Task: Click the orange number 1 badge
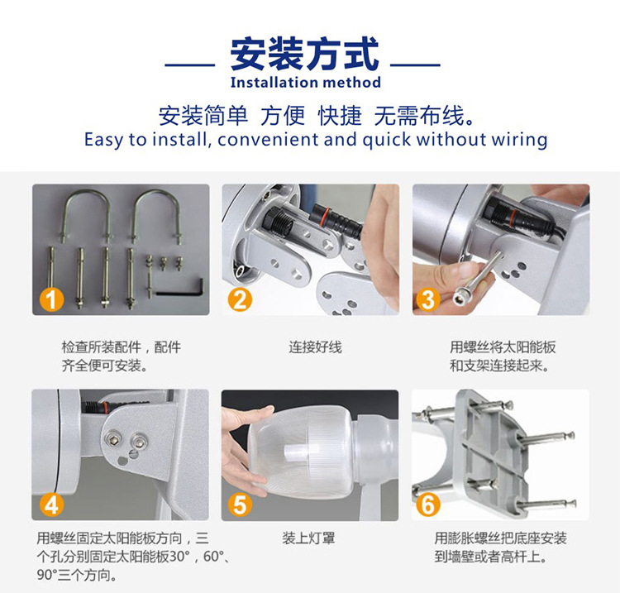pos(52,299)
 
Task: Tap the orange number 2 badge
pos(240,299)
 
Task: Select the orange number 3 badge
pos(428,299)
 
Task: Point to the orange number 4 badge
pos(52,505)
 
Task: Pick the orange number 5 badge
pos(240,505)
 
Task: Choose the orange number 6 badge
pos(428,505)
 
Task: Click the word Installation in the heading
pos(274,82)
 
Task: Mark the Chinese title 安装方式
pos(304,54)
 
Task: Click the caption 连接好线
pos(315,347)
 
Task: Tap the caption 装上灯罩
pos(308,538)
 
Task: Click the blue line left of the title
pos(190,65)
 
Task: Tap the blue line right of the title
pos(415,65)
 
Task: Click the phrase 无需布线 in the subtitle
pos(419,116)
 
